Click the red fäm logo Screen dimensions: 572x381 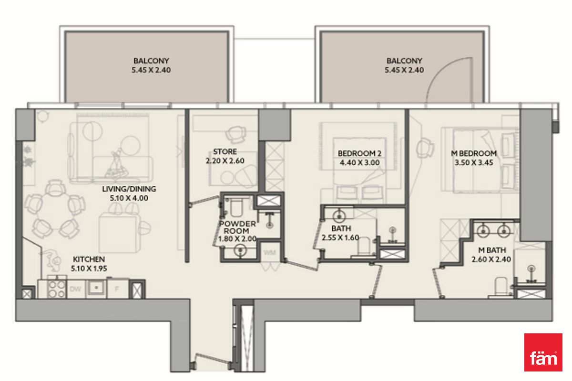543,352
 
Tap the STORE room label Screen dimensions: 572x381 225,151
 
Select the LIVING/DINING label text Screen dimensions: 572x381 129,189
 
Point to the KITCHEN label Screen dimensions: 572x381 89,259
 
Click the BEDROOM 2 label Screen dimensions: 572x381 359,153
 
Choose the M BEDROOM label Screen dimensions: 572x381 474,153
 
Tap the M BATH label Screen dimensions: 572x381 492,250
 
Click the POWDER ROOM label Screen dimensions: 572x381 237,227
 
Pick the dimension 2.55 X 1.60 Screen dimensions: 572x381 340,238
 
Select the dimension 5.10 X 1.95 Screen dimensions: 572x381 89,269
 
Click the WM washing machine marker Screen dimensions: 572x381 270,252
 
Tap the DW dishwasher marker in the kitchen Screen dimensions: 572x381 75,289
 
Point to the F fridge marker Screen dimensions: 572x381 117,289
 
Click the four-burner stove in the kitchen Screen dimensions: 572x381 56,289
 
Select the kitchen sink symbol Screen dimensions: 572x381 96,288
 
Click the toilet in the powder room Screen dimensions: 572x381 236,207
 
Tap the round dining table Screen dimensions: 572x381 54,209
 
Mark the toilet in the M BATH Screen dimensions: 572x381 501,287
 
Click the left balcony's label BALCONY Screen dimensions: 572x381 151,61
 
